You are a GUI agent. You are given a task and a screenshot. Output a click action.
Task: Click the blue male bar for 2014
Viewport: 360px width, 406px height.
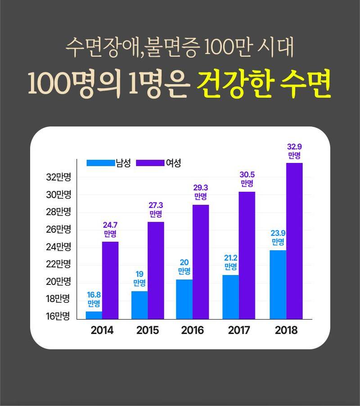point(94,315)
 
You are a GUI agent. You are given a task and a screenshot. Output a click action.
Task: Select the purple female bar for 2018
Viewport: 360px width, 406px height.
point(294,241)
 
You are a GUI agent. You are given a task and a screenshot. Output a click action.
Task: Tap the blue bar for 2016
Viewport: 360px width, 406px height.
point(184,299)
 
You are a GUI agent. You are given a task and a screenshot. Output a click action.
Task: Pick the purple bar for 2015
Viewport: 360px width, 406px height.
point(156,270)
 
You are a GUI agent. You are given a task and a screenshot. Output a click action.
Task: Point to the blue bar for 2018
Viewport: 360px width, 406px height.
point(278,284)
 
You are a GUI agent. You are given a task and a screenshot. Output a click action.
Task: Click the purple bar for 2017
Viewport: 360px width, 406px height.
point(247,255)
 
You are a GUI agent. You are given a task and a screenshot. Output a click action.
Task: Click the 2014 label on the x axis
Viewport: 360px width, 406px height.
point(102,330)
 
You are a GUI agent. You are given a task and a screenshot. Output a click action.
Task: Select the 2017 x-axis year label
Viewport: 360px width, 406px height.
point(239,330)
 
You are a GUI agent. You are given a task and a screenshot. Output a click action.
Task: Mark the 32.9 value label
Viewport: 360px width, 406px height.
point(294,147)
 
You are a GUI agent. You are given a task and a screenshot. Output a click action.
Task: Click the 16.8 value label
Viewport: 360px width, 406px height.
point(94,295)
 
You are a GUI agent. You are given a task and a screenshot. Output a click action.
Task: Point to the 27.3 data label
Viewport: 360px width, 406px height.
point(156,206)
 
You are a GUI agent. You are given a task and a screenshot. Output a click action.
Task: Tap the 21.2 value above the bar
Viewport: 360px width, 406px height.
point(231,258)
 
